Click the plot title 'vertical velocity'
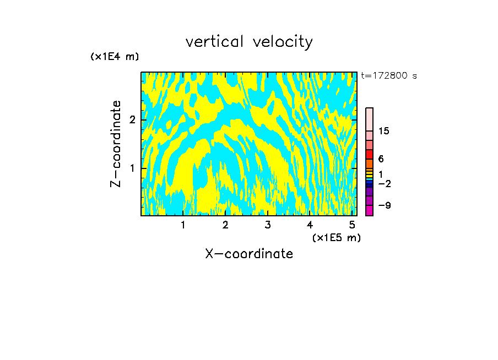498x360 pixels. [x=249, y=42]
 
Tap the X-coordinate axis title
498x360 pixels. [x=249, y=254]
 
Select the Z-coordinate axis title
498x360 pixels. [x=116, y=144]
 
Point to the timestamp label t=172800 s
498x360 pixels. [x=389, y=76]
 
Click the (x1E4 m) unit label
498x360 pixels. [x=115, y=57]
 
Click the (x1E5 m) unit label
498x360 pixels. [x=336, y=238]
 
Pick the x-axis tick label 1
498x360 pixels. [x=183, y=225]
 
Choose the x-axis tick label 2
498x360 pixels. [x=225, y=225]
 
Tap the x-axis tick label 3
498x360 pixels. [x=268, y=225]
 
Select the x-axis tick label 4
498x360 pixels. [x=310, y=225]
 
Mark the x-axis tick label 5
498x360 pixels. [x=352, y=225]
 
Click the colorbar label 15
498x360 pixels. [x=384, y=131]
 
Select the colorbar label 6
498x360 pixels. [x=381, y=159]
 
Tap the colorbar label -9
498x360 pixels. [x=383, y=205]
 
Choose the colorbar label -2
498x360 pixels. [x=383, y=183]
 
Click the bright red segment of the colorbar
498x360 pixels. [x=369, y=154]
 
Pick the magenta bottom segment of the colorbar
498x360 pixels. [x=369, y=210]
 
